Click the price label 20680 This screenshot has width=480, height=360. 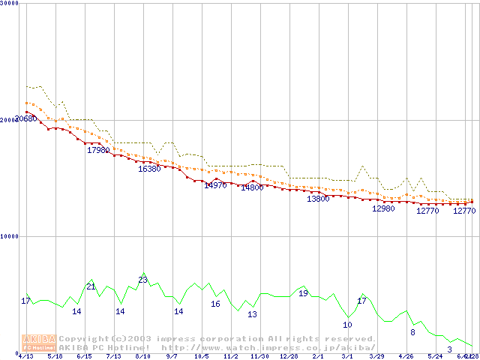coord(26,118)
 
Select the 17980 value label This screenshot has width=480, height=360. coord(98,151)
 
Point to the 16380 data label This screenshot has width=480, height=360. coord(149,169)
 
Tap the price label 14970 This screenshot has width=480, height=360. coord(215,185)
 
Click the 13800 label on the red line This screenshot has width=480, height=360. coord(318,199)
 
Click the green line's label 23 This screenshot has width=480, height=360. coord(142,280)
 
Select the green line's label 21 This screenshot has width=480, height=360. coord(91,286)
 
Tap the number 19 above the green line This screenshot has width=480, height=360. coord(303,293)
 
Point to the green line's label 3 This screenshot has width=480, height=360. coord(449,349)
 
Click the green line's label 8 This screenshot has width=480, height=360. coord(412,331)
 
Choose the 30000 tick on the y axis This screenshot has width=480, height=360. coord(8,3)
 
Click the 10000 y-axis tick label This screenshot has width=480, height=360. coord(8,236)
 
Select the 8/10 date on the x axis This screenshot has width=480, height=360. coord(143,356)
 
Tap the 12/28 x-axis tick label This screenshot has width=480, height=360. coord(289,356)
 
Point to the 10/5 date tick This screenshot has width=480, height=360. coord(201,356)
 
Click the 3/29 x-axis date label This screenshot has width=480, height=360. coord(376,356)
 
